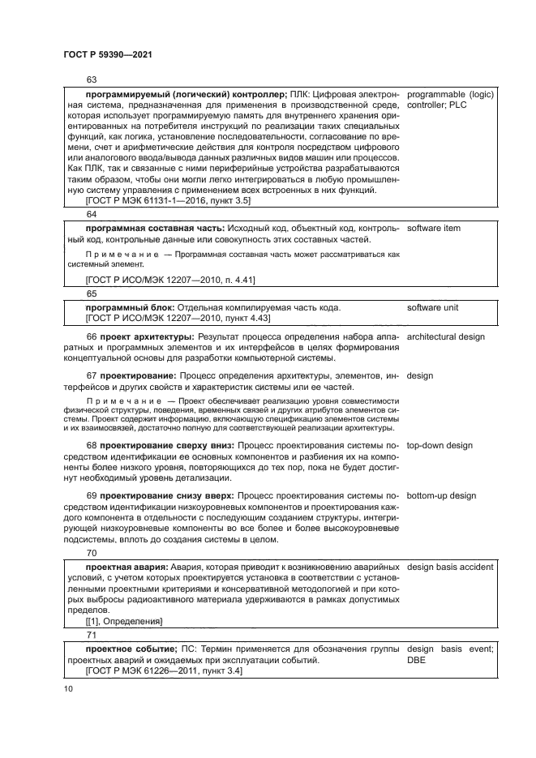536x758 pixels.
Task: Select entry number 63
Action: tap(91, 79)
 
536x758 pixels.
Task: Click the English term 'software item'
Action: tap(433, 229)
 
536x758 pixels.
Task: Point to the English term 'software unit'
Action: tap(433, 307)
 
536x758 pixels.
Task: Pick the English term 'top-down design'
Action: tap(440, 445)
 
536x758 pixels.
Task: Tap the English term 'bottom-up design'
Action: tap(441, 495)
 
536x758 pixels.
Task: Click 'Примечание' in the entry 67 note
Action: tap(122, 401)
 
